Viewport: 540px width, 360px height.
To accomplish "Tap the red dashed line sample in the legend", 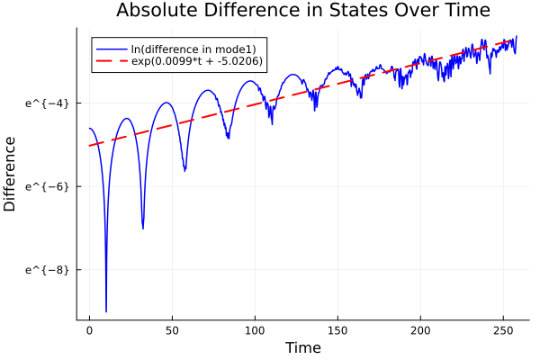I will pyautogui.click(x=112, y=62).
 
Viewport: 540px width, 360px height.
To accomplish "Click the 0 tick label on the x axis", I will pyautogui.click(x=89, y=331).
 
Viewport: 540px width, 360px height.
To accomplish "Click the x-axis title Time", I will pyautogui.click(x=302, y=347).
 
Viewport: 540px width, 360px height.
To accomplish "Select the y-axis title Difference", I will pyautogui.click(x=11, y=174).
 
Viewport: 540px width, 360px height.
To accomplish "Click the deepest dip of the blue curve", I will pyautogui.click(x=106, y=311).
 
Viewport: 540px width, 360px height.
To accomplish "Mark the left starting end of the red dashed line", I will pyautogui.click(x=89, y=145).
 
